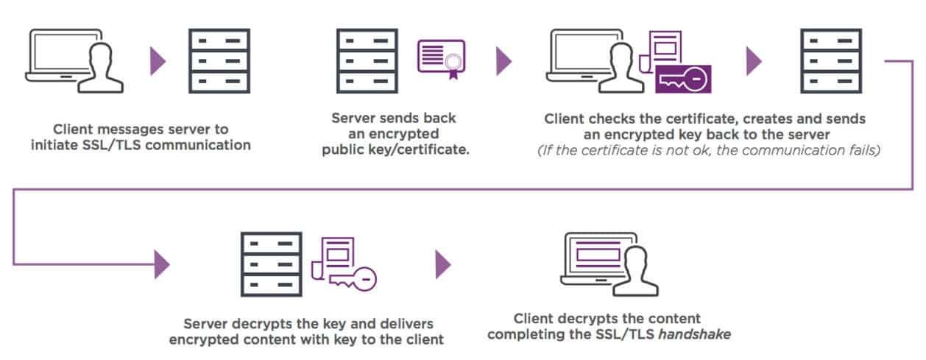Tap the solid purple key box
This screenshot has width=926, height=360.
pyautogui.click(x=683, y=79)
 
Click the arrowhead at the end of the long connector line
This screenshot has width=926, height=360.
pyautogui.click(x=162, y=264)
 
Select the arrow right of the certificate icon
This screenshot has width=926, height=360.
pyautogui.click(x=503, y=60)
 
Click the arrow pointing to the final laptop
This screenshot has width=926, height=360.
pyautogui.click(x=443, y=264)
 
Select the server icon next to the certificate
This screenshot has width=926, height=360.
pyautogui.click(x=368, y=60)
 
